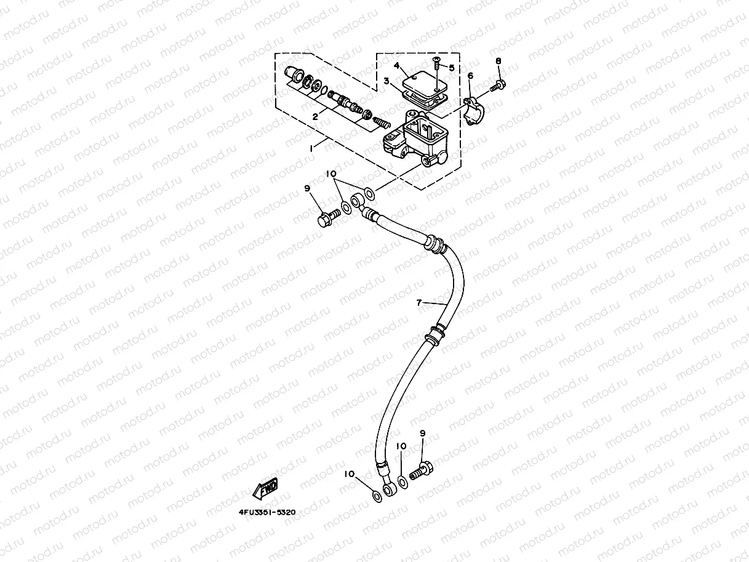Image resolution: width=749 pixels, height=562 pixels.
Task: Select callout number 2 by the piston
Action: (x=315, y=116)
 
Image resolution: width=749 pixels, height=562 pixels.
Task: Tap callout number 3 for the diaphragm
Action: (x=387, y=81)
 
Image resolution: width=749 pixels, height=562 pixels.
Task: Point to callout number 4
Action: (x=397, y=65)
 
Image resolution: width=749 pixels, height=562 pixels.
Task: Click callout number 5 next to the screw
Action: (x=451, y=68)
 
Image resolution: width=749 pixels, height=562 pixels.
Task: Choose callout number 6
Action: (x=470, y=76)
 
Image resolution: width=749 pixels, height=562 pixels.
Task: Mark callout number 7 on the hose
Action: (x=419, y=303)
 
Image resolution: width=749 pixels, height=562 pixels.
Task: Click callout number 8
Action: (x=499, y=61)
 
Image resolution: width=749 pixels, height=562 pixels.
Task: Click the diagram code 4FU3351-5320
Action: (x=267, y=512)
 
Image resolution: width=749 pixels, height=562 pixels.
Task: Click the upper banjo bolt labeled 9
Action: (x=327, y=217)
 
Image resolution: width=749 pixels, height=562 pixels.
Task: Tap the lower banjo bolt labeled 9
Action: (x=421, y=472)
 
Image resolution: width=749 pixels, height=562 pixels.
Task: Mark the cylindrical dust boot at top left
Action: (x=294, y=76)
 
